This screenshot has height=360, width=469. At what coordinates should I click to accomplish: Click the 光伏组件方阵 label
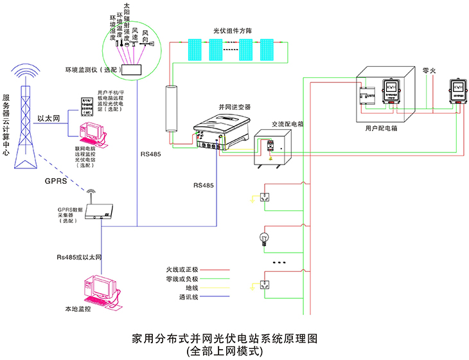pos(235,30)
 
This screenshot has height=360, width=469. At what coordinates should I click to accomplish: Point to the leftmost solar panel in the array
pos(195,48)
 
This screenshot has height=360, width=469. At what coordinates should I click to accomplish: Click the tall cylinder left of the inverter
pos(171,110)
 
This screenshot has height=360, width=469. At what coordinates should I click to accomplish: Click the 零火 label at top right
pos(430,69)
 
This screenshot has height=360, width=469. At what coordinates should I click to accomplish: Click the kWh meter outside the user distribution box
pos(457,91)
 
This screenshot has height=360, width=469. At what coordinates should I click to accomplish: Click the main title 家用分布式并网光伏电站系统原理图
pos(224,338)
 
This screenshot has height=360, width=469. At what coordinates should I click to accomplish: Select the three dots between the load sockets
pos(279,263)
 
